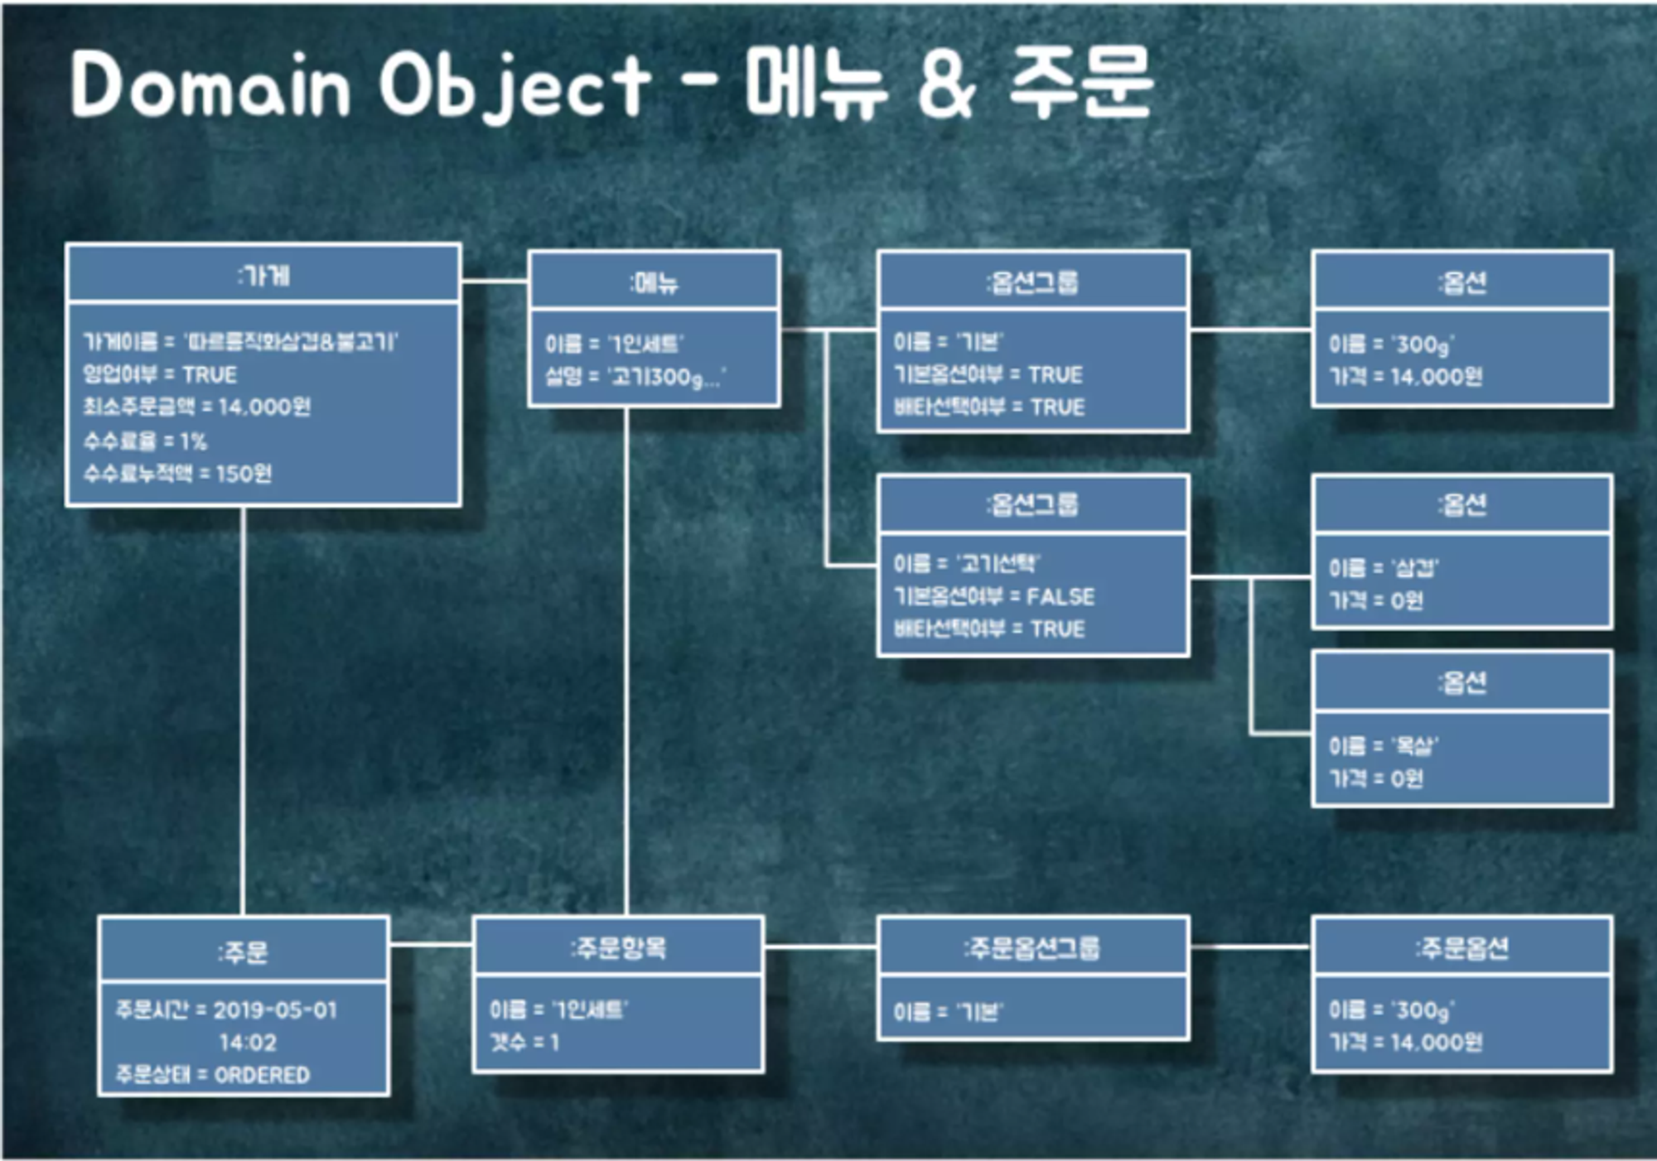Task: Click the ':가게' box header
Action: (263, 275)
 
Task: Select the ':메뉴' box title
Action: (654, 283)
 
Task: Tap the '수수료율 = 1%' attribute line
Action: (145, 441)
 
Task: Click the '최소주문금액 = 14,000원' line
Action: (196, 407)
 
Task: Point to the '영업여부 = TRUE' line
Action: (160, 375)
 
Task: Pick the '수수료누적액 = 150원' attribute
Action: (177, 474)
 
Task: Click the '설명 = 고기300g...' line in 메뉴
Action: (635, 378)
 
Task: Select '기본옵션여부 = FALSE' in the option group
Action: (993, 596)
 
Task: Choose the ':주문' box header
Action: (243, 951)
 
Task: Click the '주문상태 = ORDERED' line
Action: (212, 1075)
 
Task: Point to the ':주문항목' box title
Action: (618, 948)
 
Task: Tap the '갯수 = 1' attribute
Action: (524, 1043)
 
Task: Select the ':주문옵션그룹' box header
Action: (1032, 948)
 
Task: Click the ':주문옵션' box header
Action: (1461, 948)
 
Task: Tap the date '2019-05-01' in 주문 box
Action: (275, 1010)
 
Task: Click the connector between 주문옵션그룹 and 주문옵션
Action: (1250, 947)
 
